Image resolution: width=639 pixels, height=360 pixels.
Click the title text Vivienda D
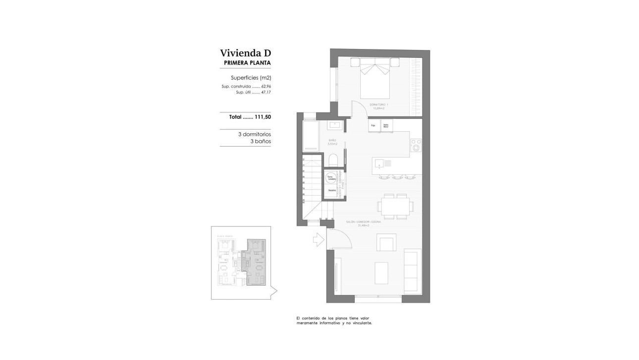pyautogui.click(x=246, y=53)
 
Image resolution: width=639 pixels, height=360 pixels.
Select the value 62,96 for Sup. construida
pyautogui.click(x=266, y=86)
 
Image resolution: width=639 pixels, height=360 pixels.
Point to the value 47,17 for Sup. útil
pyautogui.click(x=266, y=92)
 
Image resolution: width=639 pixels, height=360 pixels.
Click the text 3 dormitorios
pyautogui.click(x=255, y=134)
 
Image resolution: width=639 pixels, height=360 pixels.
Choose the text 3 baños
pyautogui.click(x=261, y=141)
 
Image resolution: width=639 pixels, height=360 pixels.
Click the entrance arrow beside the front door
pyautogui.click(x=319, y=240)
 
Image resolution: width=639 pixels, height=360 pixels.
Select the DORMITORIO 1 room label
pyautogui.click(x=379, y=105)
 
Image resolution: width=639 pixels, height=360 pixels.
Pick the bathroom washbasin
pyautogui.click(x=335, y=125)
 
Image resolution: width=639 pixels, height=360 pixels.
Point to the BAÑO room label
pyautogui.click(x=332, y=141)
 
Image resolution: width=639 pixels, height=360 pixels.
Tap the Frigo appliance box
pyautogui.click(x=373, y=126)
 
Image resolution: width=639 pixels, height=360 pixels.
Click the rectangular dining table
pyautogui.click(x=395, y=206)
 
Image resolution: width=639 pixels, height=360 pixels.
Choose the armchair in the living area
pyautogui.click(x=386, y=244)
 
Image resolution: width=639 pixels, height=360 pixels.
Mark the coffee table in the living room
pyautogui.click(x=381, y=273)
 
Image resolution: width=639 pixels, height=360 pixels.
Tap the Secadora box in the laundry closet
pyautogui.click(x=332, y=190)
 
